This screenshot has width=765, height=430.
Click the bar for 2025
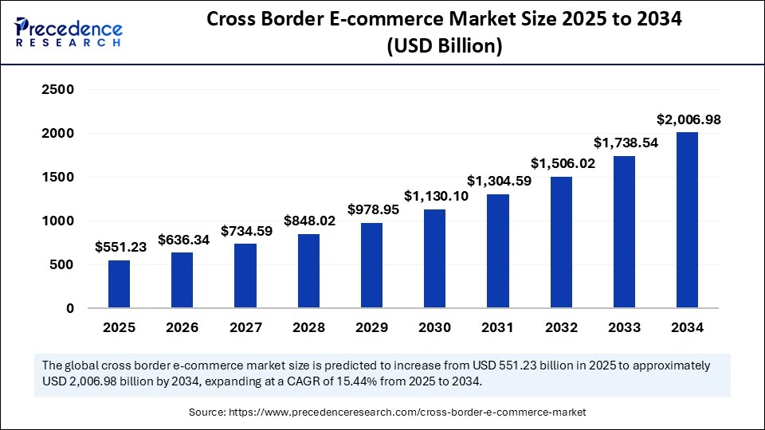(120, 283)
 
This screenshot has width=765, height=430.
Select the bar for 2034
(687, 220)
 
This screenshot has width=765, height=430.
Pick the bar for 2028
(308, 271)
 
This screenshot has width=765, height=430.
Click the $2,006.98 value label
(688, 119)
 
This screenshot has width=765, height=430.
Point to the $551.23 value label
(120, 247)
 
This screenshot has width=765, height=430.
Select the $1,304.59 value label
(498, 181)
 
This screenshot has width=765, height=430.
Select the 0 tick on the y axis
(69, 308)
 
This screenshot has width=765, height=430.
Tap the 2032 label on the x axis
(560, 327)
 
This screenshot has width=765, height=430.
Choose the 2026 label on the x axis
(182, 327)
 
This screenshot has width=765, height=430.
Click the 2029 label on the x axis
(371, 327)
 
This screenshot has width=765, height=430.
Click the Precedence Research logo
(69, 33)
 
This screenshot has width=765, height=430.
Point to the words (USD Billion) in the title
(445, 46)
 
